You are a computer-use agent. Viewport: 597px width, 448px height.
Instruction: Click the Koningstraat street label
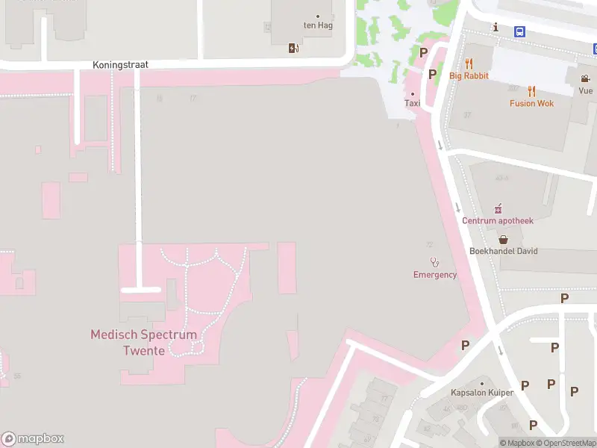120,65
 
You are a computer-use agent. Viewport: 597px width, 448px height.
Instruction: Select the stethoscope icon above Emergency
435,262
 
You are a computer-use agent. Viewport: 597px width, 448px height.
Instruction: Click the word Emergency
435,275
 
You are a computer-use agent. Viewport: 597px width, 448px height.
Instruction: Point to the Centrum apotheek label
498,220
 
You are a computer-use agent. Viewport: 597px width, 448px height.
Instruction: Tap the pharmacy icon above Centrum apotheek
498,208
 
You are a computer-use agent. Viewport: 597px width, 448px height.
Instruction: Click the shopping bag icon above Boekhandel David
504,239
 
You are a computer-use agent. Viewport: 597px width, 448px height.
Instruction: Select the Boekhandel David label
503,252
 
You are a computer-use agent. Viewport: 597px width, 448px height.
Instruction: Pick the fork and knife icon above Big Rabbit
469,63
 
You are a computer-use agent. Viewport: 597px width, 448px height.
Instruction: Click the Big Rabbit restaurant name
469,76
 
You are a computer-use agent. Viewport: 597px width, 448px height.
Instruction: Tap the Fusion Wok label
531,103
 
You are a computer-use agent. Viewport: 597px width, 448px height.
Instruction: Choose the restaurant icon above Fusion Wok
531,91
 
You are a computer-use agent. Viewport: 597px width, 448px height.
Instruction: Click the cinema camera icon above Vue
586,78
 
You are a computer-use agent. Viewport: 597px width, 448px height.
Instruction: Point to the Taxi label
412,103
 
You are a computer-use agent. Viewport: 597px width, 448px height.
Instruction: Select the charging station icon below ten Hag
294,49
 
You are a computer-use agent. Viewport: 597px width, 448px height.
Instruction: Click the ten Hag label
316,25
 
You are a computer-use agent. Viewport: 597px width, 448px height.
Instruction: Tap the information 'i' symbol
495,28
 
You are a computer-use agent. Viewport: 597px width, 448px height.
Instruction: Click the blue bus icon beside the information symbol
519,31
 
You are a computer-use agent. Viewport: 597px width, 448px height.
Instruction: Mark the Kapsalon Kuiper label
482,393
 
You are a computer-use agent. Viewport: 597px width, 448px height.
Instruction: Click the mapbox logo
33,439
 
